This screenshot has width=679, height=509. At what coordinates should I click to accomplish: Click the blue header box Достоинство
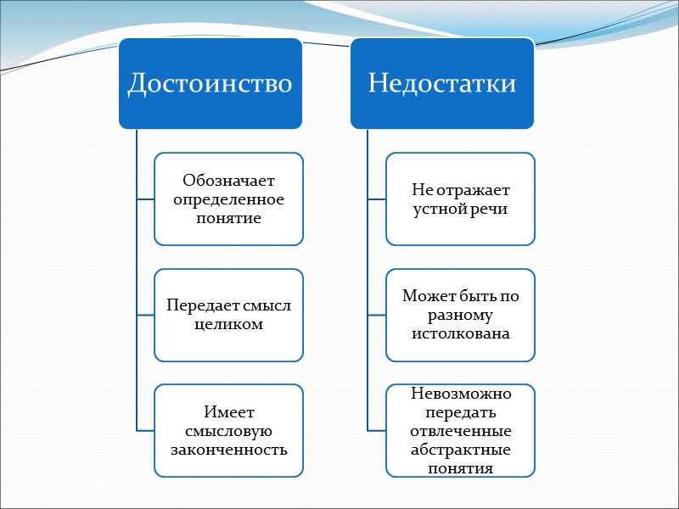(x=210, y=84)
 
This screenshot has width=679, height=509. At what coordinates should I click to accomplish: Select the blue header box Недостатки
(x=442, y=84)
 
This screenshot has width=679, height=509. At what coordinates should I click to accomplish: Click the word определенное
(x=228, y=199)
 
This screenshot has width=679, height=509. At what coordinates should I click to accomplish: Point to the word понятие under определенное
(x=228, y=218)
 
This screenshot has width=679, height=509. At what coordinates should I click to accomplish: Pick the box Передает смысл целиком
(x=228, y=314)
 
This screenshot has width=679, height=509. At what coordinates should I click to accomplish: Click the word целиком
(x=228, y=324)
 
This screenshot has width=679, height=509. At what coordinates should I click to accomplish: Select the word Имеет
(x=228, y=412)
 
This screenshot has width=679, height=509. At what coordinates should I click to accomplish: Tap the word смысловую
(x=228, y=430)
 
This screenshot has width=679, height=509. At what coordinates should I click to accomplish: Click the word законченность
(x=228, y=449)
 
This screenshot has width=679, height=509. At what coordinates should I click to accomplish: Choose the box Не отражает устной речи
(x=461, y=199)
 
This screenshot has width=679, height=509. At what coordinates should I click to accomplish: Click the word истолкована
(x=461, y=333)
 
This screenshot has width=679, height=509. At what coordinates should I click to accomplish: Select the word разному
(x=461, y=315)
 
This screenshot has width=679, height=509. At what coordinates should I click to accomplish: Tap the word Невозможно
(x=461, y=394)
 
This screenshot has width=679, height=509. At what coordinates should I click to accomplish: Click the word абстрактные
(x=461, y=449)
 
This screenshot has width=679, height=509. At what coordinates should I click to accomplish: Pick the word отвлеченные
(x=461, y=430)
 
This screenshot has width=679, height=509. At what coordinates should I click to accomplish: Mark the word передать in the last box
(x=461, y=412)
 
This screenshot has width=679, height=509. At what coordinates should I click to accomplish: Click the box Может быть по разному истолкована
(x=461, y=315)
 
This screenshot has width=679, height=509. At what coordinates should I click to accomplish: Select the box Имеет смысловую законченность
(x=228, y=430)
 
